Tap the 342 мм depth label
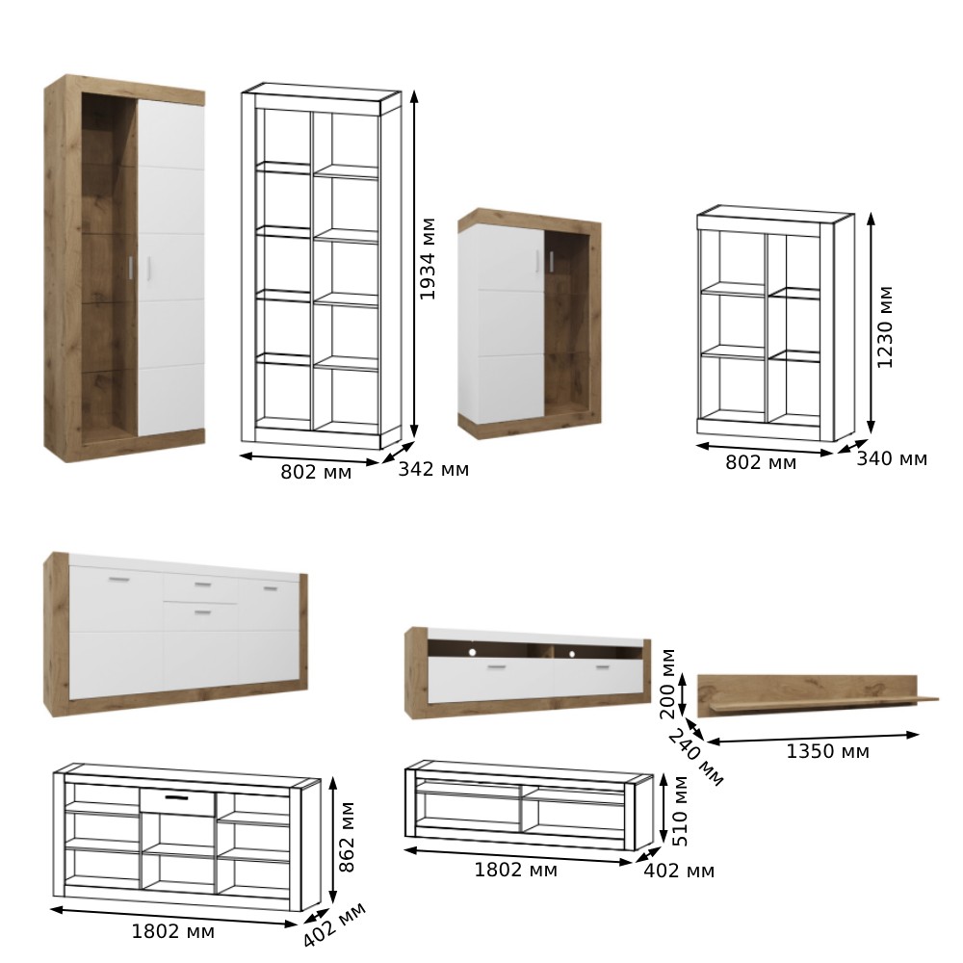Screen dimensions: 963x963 433,469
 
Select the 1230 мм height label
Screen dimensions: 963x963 884,327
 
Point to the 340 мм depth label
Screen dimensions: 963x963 892,458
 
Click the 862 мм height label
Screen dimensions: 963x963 347,837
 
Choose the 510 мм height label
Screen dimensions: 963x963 680,811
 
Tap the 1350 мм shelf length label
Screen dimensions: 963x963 828,751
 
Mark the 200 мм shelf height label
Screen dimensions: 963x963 667,683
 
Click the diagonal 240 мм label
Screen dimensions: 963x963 696,757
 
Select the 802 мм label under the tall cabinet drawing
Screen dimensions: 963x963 316,472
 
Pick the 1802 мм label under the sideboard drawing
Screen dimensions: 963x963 173,931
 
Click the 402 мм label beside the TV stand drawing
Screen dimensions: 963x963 679,871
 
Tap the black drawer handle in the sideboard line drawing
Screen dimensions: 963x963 177,797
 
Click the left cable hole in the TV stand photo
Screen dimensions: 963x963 472,652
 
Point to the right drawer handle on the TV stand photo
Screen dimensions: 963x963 603,667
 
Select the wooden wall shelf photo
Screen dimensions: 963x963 818,694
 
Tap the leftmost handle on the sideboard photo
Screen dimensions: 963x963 119,579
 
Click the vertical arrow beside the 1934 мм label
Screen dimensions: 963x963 414,265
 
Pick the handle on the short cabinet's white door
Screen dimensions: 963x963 537,260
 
